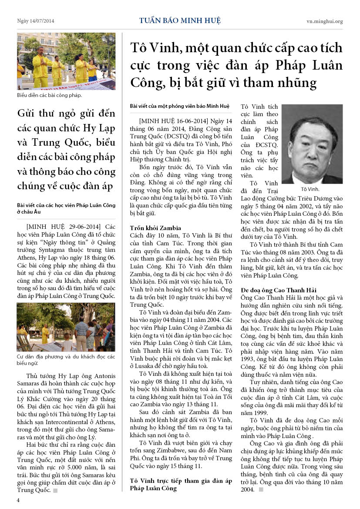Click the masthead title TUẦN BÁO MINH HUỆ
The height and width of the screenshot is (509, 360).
coord(180,20)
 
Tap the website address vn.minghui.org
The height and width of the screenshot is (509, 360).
coord(324,21)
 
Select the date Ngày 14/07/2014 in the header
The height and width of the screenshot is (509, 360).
coord(36,21)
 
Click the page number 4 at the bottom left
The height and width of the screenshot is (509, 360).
coord(18,500)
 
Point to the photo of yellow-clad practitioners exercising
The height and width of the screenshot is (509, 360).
coord(66,61)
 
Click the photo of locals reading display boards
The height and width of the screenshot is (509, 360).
coord(66,327)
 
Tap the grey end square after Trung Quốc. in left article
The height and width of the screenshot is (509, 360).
coord(55,490)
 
